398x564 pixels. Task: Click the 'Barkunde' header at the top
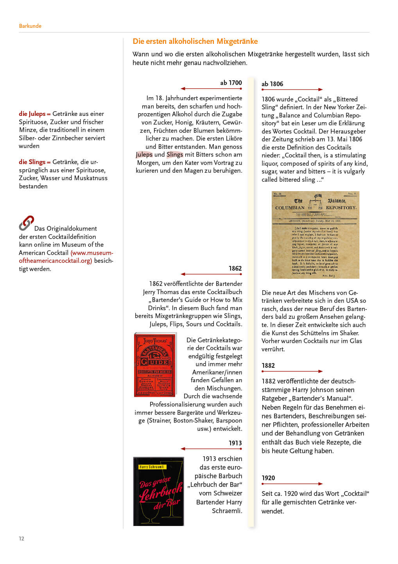tap(30, 26)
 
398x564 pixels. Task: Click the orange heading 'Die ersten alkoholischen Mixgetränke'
tap(195, 41)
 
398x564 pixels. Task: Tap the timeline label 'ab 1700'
tap(231, 83)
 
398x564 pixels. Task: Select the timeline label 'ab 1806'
tap(272, 84)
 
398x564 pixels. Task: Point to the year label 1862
tap(235, 268)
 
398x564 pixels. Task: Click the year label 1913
tap(235, 443)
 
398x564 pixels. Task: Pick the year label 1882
tap(268, 365)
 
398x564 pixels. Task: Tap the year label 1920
tap(268, 478)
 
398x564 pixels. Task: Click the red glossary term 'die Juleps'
tap(32, 114)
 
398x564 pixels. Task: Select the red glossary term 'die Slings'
tap(32, 162)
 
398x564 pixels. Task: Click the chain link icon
tap(26, 223)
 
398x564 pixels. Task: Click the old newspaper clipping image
tap(315, 235)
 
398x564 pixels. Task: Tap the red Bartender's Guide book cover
tap(155, 365)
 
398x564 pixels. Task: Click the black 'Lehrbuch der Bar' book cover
tap(158, 491)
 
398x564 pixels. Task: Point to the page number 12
tap(22, 539)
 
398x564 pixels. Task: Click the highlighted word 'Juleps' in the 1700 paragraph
tap(144, 155)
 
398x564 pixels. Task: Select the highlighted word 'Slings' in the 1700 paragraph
tap(175, 155)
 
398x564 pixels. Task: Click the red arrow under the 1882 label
tap(292, 371)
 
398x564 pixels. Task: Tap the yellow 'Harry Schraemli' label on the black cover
tap(152, 467)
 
